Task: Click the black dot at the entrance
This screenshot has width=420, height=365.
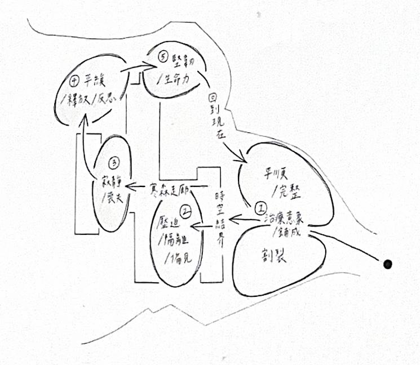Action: coord(387,263)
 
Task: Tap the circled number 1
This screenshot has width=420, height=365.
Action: coord(261,207)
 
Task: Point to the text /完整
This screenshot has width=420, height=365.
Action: coord(287,192)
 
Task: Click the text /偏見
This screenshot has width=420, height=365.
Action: coord(178,260)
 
